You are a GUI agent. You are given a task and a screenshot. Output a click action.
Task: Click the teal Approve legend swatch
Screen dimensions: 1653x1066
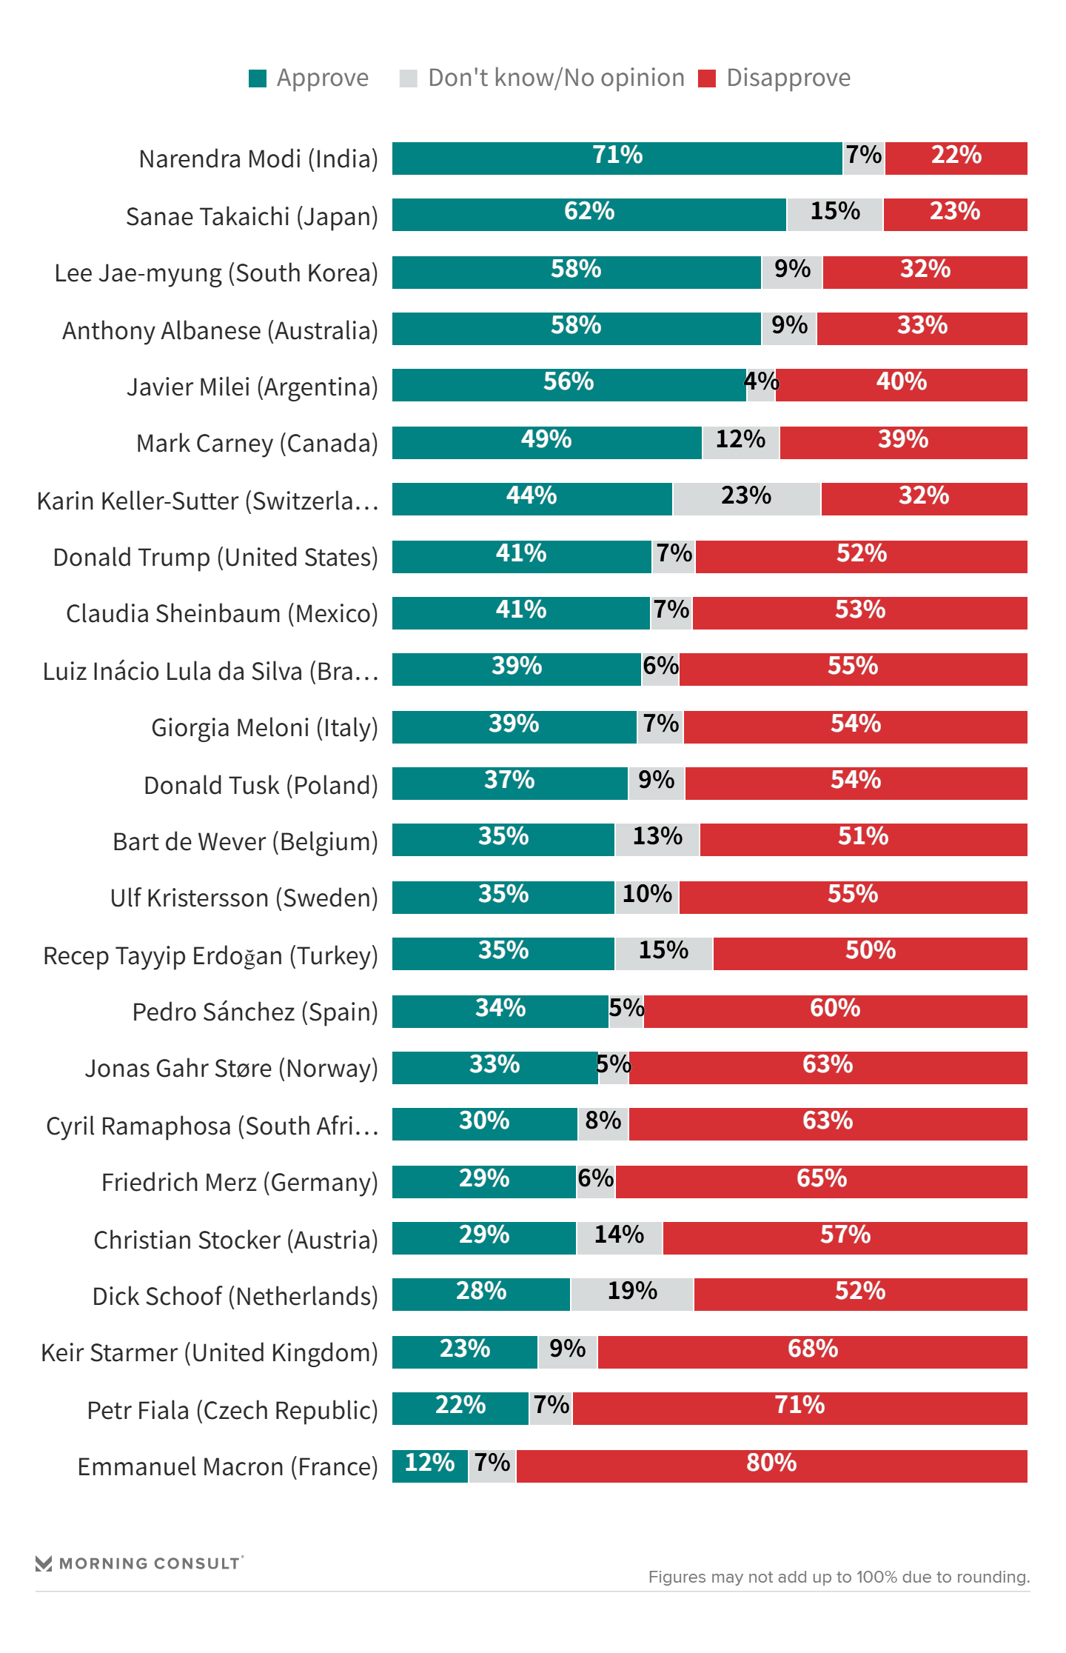[x=258, y=79]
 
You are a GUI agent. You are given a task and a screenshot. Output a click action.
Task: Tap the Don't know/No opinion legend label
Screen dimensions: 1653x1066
[x=556, y=78]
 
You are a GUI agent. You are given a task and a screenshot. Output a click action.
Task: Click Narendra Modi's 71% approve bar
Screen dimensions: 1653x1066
[x=617, y=158]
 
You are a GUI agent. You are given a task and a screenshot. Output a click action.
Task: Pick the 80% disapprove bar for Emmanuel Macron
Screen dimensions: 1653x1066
[x=771, y=1466]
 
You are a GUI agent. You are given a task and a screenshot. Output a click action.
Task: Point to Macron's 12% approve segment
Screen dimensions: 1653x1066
[x=429, y=1466]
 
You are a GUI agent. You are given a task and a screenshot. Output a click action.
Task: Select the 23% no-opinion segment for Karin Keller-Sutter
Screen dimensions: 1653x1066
[x=746, y=498]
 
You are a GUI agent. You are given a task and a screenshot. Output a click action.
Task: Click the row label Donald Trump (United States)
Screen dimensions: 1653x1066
[x=215, y=557]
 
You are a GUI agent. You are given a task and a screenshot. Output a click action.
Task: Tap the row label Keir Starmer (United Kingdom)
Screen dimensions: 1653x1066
[x=209, y=1352]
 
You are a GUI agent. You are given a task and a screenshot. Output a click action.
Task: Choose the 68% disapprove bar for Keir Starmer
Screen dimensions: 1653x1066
[x=812, y=1352]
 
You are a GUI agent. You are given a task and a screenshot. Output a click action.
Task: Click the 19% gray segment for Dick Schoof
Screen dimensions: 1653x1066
[x=632, y=1294]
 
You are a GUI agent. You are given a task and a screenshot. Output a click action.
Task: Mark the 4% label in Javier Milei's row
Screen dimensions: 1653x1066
[x=761, y=383]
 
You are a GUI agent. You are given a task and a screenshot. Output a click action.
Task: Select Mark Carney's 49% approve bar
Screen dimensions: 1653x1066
[x=546, y=442]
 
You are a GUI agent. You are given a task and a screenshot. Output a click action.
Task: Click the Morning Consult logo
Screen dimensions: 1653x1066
[x=139, y=1563]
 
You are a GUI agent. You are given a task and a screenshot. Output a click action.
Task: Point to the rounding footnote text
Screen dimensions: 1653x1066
[x=839, y=1577]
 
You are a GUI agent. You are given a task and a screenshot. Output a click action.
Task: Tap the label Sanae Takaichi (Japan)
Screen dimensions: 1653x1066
[x=252, y=216]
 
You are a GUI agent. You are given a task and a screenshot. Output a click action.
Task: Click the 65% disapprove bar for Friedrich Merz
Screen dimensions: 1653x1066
[x=821, y=1181]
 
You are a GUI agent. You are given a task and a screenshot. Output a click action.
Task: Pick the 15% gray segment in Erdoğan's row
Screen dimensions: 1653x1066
[x=663, y=953]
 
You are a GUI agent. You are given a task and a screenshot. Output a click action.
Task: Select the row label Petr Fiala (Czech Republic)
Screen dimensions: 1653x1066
[x=232, y=1410]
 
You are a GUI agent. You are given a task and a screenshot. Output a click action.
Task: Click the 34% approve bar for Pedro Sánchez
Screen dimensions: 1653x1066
[x=500, y=1011]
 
